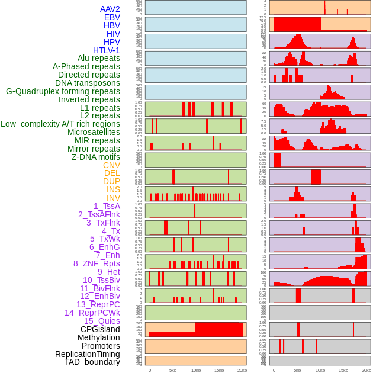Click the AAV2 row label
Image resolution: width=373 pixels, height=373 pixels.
[110, 9]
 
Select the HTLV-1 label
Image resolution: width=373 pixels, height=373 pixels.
[107, 50]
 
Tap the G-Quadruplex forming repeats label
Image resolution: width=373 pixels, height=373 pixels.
[63, 91]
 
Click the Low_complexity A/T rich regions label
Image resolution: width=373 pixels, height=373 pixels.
[60, 124]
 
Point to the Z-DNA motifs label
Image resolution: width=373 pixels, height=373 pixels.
[96, 157]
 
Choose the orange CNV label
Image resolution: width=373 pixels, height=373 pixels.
[111, 165]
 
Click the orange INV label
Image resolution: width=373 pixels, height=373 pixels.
[113, 198]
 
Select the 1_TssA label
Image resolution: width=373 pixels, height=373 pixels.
[107, 206]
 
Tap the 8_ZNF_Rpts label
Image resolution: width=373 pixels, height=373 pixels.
[97, 263]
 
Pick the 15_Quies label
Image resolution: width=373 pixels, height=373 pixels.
[102, 321]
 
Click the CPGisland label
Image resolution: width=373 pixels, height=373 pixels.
[100, 329]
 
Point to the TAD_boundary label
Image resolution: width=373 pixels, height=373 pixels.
[92, 362]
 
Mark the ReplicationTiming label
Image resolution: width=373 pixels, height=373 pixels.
[88, 354]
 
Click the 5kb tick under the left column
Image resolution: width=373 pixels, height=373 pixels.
[173, 370]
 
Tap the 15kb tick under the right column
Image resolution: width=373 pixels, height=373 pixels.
[343, 370]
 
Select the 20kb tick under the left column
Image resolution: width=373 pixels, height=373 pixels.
[242, 370]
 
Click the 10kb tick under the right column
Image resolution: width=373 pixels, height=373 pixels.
[320, 370]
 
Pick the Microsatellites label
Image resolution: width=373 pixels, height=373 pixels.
[94, 132]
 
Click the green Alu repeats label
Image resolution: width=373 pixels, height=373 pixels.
[99, 58]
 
